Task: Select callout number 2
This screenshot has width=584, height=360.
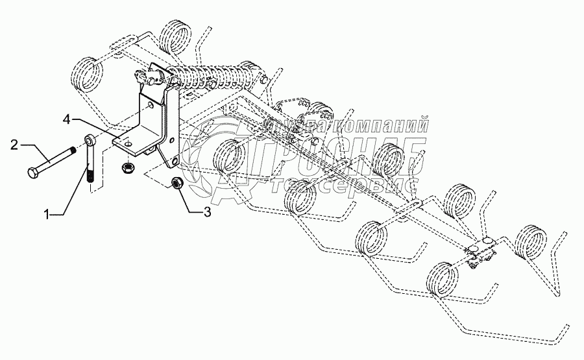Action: (x=15, y=145)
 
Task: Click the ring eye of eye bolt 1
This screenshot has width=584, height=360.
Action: (x=90, y=139)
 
